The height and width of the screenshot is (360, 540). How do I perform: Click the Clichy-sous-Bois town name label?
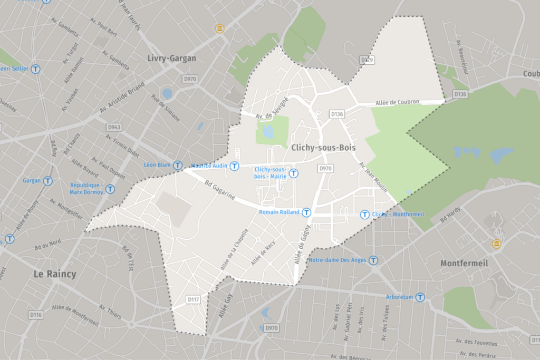point(323,148)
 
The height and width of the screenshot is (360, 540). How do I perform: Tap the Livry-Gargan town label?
point(172,58)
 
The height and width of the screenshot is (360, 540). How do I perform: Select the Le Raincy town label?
point(55,274)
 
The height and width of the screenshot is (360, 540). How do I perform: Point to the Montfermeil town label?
point(464,262)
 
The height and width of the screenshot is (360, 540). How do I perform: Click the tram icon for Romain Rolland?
point(306,212)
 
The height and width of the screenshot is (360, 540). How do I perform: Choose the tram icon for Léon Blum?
point(178,165)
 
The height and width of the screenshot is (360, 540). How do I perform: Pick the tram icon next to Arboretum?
point(420,297)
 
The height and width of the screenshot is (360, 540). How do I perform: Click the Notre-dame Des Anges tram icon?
point(373,260)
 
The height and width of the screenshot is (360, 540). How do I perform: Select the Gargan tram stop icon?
point(47,181)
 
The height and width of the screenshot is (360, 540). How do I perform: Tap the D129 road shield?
point(367,60)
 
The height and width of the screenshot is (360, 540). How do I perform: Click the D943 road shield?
point(114,127)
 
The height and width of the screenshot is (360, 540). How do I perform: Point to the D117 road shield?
point(194,299)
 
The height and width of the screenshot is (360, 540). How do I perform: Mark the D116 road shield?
point(36,315)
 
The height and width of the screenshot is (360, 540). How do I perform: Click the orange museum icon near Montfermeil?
point(496,244)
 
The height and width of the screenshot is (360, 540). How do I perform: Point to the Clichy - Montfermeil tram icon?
point(364,215)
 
